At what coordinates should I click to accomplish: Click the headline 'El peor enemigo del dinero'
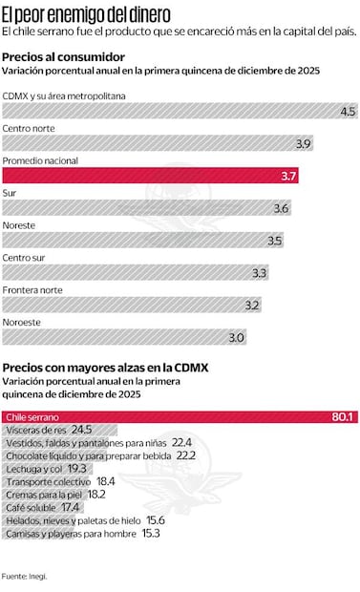pyautogui.click(x=87, y=14)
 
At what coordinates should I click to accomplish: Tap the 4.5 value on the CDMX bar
pyautogui.click(x=348, y=112)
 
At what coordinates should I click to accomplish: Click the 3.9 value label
pyautogui.click(x=304, y=144)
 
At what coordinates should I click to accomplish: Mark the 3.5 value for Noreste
pyautogui.click(x=274, y=241)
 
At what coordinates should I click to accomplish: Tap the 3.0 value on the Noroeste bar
pyautogui.click(x=236, y=338)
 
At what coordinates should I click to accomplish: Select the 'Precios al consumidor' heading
pyautogui.click(x=63, y=57)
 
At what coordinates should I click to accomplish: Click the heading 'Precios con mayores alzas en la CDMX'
pyautogui.click(x=105, y=368)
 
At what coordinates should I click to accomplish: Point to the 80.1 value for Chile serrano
pyautogui.click(x=343, y=417)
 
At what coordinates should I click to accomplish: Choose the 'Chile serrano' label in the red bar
pyautogui.click(x=32, y=417)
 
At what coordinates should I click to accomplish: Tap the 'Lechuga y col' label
pyautogui.click(x=33, y=469)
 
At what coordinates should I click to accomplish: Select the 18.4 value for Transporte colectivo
pyautogui.click(x=105, y=482)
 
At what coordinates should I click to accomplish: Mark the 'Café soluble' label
pyautogui.click(x=31, y=507)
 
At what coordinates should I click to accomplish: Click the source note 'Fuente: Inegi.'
pyautogui.click(x=25, y=577)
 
